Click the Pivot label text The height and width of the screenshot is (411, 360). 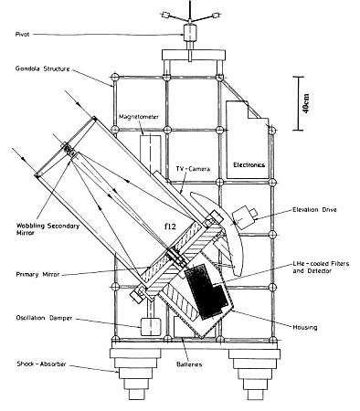[22, 35]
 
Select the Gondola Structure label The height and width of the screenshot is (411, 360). [43, 68]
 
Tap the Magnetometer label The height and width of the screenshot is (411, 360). [139, 117]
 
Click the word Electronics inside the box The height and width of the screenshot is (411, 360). [249, 165]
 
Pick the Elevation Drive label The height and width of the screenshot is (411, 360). [314, 210]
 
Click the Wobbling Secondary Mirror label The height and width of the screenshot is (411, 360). [48, 229]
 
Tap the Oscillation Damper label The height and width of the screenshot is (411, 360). [44, 318]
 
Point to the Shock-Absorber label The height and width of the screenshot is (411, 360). [41, 364]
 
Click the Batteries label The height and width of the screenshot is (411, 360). [189, 364]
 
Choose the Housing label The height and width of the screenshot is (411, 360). [305, 327]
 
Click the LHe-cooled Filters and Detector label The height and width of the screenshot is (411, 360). [321, 267]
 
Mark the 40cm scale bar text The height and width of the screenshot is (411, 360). [306, 103]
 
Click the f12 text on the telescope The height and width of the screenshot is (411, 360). [170, 227]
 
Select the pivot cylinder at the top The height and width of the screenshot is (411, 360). [190, 32]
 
